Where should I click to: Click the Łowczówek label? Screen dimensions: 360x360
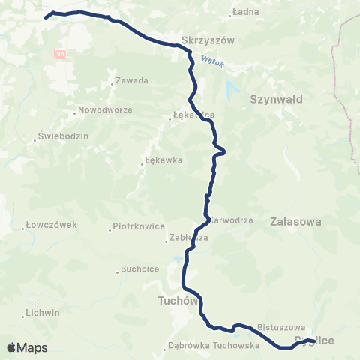tap(51, 224)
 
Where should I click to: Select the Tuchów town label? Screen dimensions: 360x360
tap(177, 301)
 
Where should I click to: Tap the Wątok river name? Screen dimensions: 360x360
tap(213, 62)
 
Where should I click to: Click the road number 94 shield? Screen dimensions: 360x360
tap(61, 54)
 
